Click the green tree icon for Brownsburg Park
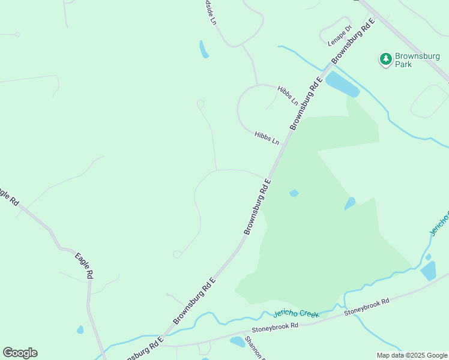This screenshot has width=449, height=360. [385, 59]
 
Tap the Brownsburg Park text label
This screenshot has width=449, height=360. [411, 60]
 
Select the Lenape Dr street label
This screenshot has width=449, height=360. [339, 37]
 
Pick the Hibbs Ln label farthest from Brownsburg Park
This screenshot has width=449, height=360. [267, 138]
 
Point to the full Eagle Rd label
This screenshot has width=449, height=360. [85, 266]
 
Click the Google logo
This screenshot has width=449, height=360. [20, 353]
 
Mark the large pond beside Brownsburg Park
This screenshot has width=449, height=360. [342, 85]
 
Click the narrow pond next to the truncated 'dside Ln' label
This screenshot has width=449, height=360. [204, 49]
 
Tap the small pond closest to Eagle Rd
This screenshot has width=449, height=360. [80, 329]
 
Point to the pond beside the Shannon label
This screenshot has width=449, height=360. [238, 341]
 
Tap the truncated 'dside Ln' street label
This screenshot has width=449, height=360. [210, 12]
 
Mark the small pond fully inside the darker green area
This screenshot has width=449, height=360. [294, 193]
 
